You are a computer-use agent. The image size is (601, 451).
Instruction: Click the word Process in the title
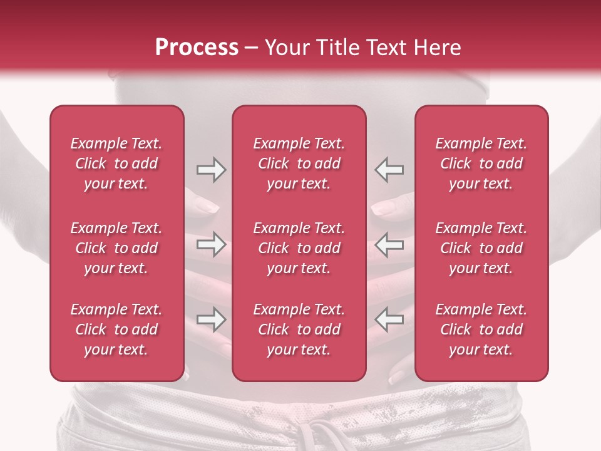coord(197,47)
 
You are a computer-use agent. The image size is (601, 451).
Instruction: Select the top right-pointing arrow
coord(211,170)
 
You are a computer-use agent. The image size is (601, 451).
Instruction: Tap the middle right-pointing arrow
coord(211,244)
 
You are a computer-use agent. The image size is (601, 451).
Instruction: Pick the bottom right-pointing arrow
coord(211,319)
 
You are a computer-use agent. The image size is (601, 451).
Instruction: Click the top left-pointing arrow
coord(389,170)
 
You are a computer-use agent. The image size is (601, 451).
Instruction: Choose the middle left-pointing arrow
coord(389,244)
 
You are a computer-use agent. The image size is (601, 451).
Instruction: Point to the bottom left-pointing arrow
coord(389,319)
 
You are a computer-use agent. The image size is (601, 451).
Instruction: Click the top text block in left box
coord(116,163)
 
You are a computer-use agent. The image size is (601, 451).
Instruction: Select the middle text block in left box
coord(116,248)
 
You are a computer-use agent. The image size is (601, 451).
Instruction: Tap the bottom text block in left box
coord(116,329)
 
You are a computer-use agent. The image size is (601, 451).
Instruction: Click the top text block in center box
coord(299,163)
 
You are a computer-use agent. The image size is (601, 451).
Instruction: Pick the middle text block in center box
coord(299,248)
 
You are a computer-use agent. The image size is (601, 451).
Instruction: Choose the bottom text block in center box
coord(299,329)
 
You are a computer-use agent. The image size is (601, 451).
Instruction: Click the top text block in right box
coord(481,163)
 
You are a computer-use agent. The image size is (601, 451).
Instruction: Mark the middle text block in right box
coord(481,248)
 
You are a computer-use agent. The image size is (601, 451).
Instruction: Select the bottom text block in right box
coord(481,329)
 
